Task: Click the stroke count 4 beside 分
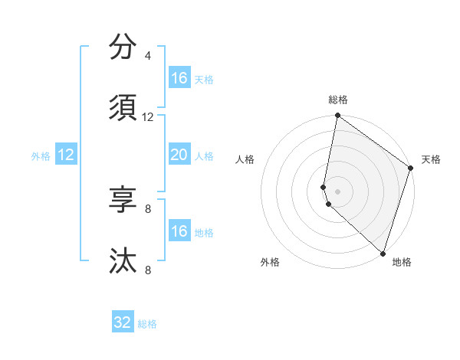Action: pos(148,56)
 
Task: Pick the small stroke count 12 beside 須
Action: pos(148,117)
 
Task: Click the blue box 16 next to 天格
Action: pos(179,78)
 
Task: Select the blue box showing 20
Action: pos(179,155)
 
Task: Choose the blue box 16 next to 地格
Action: pos(179,231)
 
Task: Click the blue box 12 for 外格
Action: pos(66,155)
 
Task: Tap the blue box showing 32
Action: pos(123,322)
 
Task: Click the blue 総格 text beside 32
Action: pos(148,324)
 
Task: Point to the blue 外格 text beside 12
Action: pos(41,156)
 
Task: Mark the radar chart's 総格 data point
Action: pos(337,116)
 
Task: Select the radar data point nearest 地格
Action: pos(382,252)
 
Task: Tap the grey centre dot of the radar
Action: pos(337,190)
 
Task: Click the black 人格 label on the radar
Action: pos(245,159)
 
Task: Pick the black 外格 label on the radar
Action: pos(270,262)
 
